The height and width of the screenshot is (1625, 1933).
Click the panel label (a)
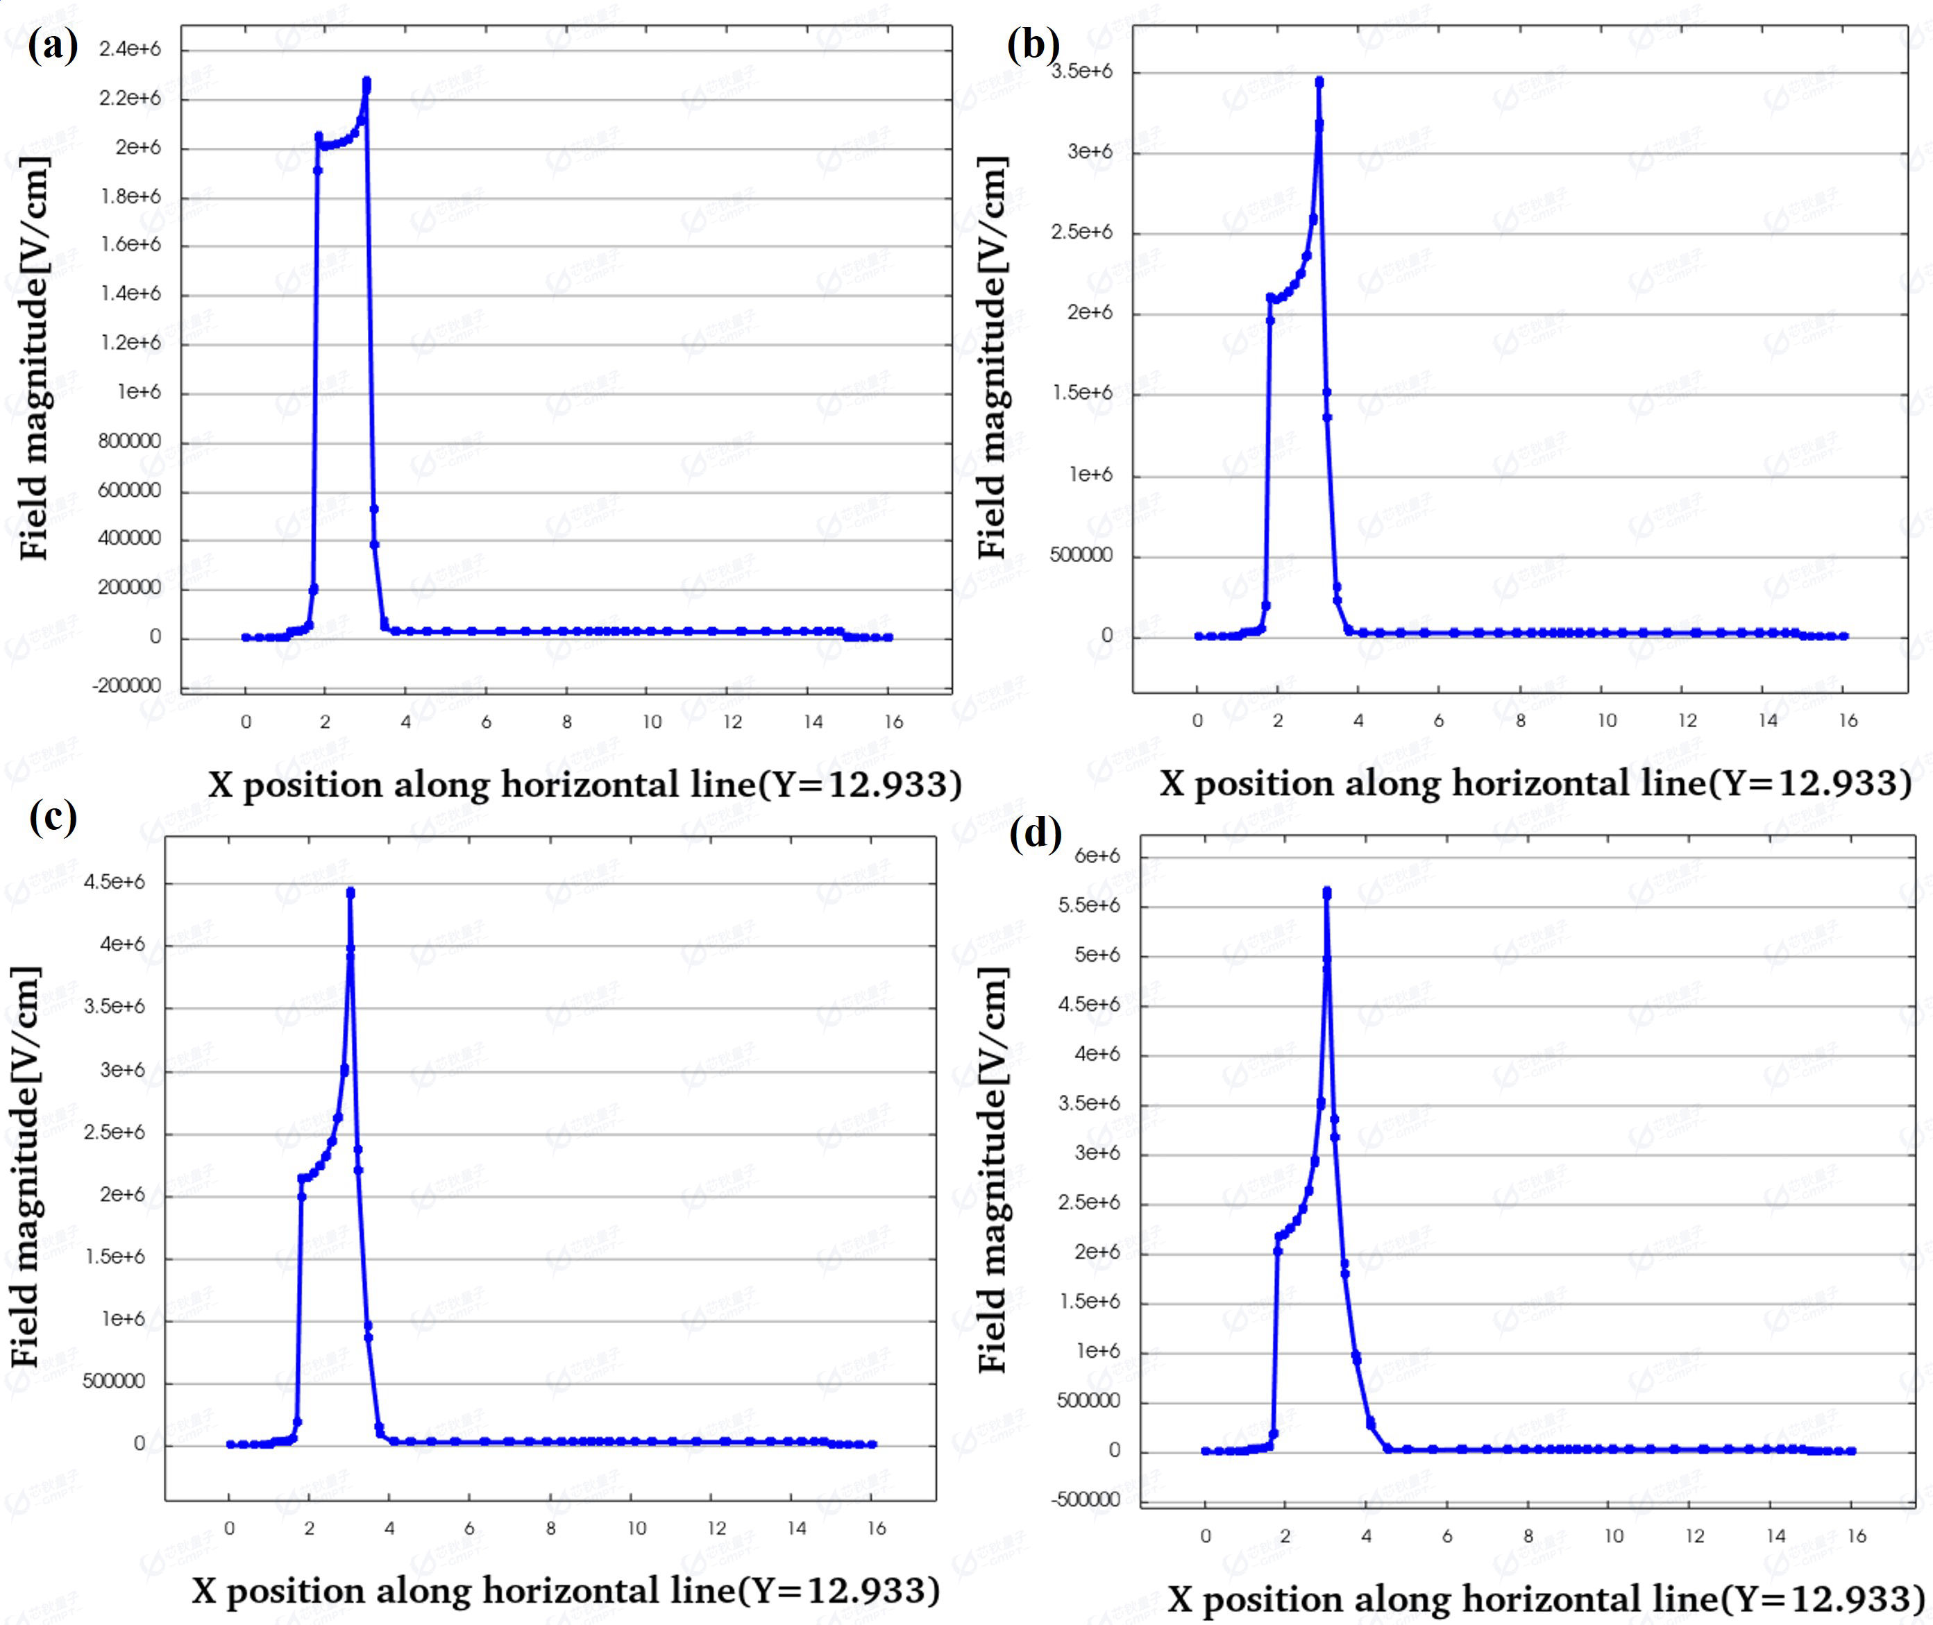(53, 44)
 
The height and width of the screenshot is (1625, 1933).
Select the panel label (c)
(53, 815)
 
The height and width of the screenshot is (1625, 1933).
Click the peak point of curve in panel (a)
(366, 82)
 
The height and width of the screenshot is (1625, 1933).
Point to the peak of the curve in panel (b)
(1319, 82)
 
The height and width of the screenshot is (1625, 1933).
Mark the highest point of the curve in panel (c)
(350, 892)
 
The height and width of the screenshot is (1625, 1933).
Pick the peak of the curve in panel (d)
(1327, 892)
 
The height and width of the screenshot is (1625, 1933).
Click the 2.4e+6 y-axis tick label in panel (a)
(130, 49)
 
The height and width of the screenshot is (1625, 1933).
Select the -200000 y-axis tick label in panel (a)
(126, 686)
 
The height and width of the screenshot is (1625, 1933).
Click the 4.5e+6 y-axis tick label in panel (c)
(115, 882)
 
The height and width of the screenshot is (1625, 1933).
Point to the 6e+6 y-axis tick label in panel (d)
(1097, 856)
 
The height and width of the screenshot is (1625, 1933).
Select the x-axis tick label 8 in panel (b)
(1520, 720)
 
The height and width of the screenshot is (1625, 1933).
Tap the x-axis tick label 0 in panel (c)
(230, 1529)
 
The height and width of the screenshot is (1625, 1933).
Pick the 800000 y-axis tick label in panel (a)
(129, 441)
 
